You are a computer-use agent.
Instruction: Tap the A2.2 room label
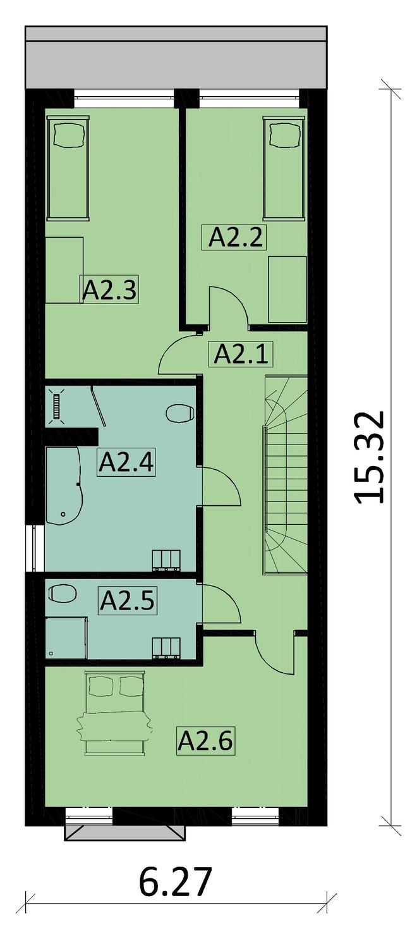click(x=236, y=237)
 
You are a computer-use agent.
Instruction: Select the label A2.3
click(x=110, y=290)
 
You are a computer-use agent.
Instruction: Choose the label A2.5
click(x=127, y=599)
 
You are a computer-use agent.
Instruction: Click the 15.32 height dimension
click(x=369, y=457)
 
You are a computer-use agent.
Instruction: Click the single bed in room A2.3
click(x=68, y=168)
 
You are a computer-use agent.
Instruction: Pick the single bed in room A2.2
click(x=282, y=168)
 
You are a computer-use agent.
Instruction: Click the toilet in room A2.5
click(x=63, y=593)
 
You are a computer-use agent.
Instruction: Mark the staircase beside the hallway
click(x=286, y=474)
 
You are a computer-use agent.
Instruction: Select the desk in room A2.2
click(x=287, y=290)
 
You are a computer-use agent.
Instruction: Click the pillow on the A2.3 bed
click(x=68, y=133)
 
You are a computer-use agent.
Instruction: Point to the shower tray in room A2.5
click(x=66, y=638)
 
